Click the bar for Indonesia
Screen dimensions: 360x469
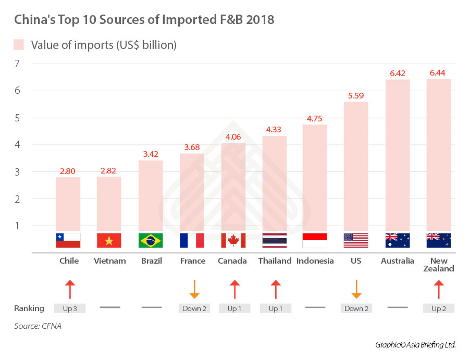point(315,177)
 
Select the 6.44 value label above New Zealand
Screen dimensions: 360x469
point(439,73)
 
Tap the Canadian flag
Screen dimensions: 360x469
point(233,240)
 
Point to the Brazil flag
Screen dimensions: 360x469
point(151,240)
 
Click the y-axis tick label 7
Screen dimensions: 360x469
point(17,64)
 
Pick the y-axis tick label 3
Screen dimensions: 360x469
point(17,172)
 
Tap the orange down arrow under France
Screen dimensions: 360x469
point(194,289)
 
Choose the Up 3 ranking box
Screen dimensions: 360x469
point(69,308)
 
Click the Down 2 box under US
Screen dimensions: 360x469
point(356,308)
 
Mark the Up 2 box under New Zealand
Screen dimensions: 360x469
point(439,308)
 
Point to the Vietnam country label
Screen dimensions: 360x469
point(109,261)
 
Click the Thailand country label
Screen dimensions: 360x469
point(275,261)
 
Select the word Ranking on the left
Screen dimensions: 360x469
point(29,308)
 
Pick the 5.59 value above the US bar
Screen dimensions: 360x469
point(356,96)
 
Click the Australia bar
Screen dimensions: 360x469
point(398,156)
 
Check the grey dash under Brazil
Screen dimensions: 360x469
point(151,308)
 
